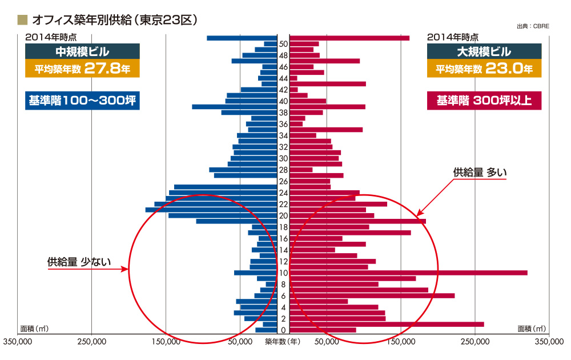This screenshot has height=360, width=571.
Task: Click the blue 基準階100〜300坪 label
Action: (x=82, y=102)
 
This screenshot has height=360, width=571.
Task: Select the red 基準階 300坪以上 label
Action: (x=484, y=102)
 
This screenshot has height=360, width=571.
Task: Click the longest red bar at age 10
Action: (x=408, y=273)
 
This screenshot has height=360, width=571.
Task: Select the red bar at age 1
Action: (x=387, y=324)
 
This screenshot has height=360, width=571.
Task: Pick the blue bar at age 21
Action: (x=211, y=210)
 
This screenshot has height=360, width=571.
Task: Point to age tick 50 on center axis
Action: (x=283, y=44)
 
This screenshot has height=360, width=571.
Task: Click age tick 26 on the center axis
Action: (x=283, y=181)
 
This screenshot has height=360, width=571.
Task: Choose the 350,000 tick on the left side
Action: (x=18, y=342)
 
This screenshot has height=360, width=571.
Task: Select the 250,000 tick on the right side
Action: (x=476, y=342)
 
